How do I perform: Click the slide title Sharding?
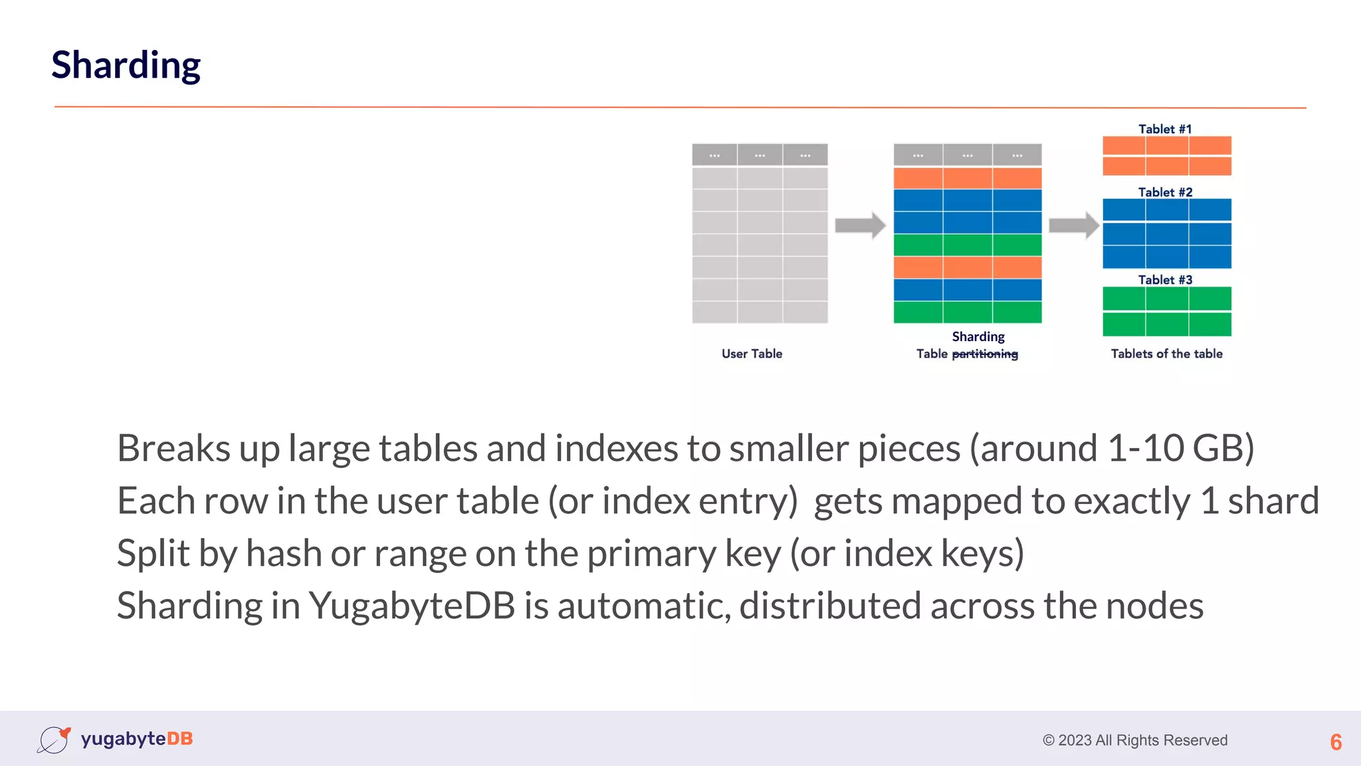[x=126, y=65]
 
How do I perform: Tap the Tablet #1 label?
[x=1165, y=129]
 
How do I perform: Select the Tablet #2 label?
[x=1165, y=192]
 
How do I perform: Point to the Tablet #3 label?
[x=1165, y=280]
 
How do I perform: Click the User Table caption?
[x=752, y=354]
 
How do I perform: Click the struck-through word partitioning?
[x=985, y=354]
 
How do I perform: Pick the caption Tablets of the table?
[x=1166, y=354]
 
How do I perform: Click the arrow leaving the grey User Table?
[x=860, y=225]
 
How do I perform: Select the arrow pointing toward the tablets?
[x=1073, y=225]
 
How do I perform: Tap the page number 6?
[x=1336, y=742]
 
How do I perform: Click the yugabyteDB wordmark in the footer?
[x=137, y=739]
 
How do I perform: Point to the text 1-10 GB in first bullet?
[x=1179, y=448]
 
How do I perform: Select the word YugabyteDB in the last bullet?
[x=412, y=606]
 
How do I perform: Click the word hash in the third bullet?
[x=284, y=553]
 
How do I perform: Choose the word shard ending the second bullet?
[x=1273, y=501]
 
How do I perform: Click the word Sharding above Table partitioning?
[x=978, y=336]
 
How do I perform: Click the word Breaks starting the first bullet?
[x=173, y=448]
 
